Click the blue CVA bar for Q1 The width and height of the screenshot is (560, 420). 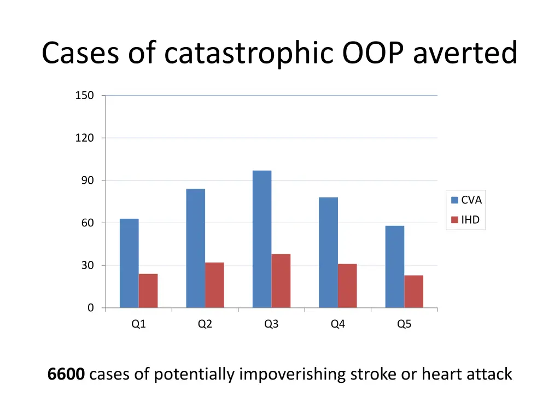(x=129, y=263)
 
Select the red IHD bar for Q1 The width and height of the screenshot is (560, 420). (x=148, y=290)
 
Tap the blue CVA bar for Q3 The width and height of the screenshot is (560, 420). (x=262, y=239)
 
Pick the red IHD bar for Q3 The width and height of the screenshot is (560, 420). (x=281, y=281)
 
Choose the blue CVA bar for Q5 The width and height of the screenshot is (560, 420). (x=395, y=266)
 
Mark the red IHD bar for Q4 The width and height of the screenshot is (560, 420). (x=347, y=285)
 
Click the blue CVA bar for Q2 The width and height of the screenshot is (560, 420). (x=196, y=248)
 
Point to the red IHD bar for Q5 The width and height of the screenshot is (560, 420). (x=414, y=291)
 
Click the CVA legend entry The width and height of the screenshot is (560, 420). (x=466, y=200)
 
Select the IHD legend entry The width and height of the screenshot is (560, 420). (x=466, y=220)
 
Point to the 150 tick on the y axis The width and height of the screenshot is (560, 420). (x=84, y=96)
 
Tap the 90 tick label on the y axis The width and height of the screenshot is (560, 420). (x=87, y=180)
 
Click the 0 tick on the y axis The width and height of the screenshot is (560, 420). (x=90, y=308)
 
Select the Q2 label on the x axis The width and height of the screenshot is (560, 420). (x=205, y=324)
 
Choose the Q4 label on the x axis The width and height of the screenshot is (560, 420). (x=338, y=324)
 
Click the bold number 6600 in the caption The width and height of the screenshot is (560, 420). (x=66, y=374)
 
